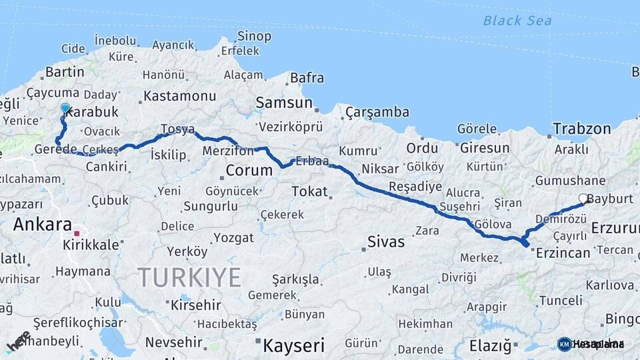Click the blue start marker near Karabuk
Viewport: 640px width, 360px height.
click(65, 108)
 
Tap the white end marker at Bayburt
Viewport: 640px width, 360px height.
click(583, 199)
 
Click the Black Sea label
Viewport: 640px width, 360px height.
click(517, 21)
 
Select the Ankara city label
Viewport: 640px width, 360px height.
click(42, 224)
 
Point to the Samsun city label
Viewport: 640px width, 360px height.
click(285, 103)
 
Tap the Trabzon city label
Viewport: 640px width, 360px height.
click(581, 129)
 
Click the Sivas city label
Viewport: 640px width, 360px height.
click(386, 241)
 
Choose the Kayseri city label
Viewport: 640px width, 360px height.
click(293, 345)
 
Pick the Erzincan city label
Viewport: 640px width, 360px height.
click(563, 253)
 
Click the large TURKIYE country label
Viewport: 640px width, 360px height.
click(189, 277)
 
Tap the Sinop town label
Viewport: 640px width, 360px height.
click(255, 36)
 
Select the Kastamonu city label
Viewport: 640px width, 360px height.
click(180, 96)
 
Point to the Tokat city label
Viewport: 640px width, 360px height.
click(310, 192)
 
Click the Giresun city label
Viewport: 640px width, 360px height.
click(485, 148)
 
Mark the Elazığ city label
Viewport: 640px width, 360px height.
click(490, 346)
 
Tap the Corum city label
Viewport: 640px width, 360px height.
click(249, 170)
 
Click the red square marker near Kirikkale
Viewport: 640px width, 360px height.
click(77, 233)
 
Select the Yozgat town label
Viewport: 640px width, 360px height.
click(234, 238)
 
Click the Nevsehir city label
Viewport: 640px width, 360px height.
click(173, 342)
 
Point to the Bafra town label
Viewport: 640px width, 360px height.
click(307, 78)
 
